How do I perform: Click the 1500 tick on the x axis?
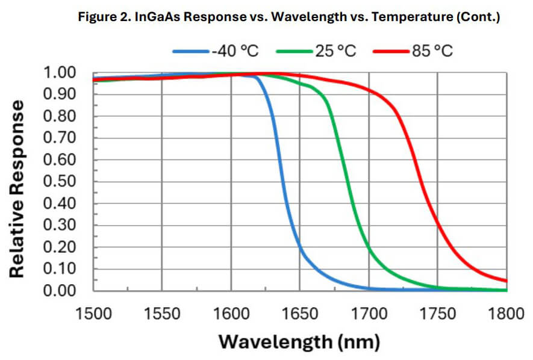tap(93, 313)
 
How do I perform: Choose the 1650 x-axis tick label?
tap(299, 313)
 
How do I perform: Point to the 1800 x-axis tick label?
tap(506, 313)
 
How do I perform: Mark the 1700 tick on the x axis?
tap(369, 313)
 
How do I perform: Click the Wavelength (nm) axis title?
tap(299, 342)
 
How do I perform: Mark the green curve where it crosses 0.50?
tap(348, 182)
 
